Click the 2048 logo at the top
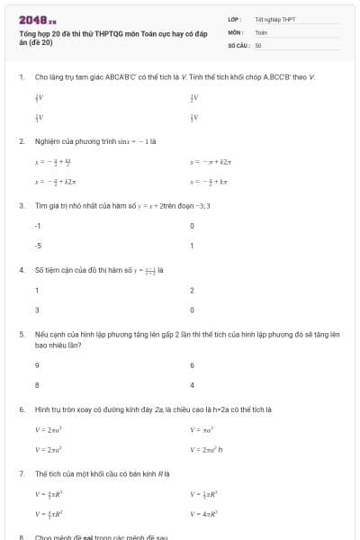click(37, 19)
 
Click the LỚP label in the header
click(234, 19)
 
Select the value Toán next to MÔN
click(261, 31)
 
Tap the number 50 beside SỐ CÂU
click(258, 44)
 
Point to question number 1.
click(20, 77)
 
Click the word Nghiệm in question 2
click(46, 141)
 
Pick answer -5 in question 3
click(38, 245)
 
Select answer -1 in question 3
click(38, 226)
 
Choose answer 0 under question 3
click(192, 226)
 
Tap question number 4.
click(20, 269)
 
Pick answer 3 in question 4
click(37, 310)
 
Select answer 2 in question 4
click(192, 291)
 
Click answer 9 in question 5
click(37, 365)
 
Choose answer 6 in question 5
click(192, 365)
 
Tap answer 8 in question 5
click(37, 384)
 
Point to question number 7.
click(20, 472)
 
